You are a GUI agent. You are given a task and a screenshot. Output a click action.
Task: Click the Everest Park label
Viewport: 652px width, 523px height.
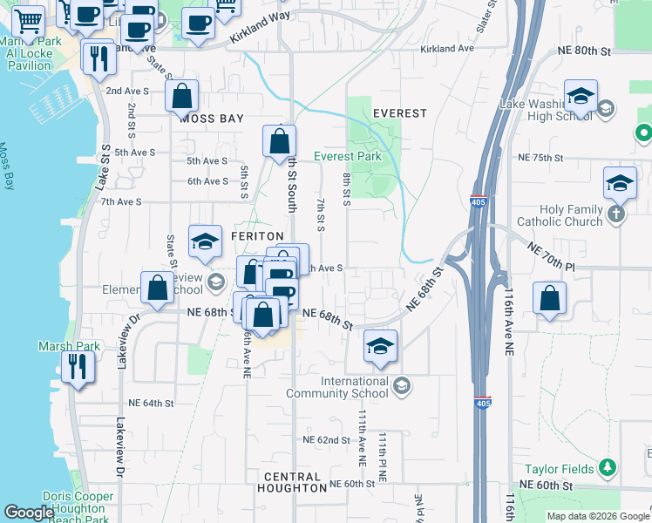pyautogui.click(x=348, y=156)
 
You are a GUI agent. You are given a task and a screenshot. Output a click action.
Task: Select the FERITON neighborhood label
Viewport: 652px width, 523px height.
pyautogui.click(x=257, y=236)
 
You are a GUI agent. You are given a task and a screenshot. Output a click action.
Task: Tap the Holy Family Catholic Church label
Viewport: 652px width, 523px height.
pyautogui.click(x=559, y=215)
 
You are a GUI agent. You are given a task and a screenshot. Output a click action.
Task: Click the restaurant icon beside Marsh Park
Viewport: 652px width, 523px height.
pyautogui.click(x=78, y=368)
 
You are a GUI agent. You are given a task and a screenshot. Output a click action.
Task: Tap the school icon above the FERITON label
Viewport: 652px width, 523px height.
pyautogui.click(x=205, y=241)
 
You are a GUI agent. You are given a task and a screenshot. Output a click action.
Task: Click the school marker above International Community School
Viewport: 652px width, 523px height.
pyautogui.click(x=380, y=346)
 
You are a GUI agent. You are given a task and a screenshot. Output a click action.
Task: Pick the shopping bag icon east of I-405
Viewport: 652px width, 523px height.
pyautogui.click(x=550, y=298)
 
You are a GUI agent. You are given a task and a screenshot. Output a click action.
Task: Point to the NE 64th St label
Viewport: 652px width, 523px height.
pyautogui.click(x=152, y=404)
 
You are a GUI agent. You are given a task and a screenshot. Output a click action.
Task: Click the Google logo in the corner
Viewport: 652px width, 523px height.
pyautogui.click(x=29, y=513)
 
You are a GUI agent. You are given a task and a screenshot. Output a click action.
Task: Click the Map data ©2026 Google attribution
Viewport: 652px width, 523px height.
pyautogui.click(x=597, y=516)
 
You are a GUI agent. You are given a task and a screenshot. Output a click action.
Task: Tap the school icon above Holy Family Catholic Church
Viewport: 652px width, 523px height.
pyautogui.click(x=620, y=183)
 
